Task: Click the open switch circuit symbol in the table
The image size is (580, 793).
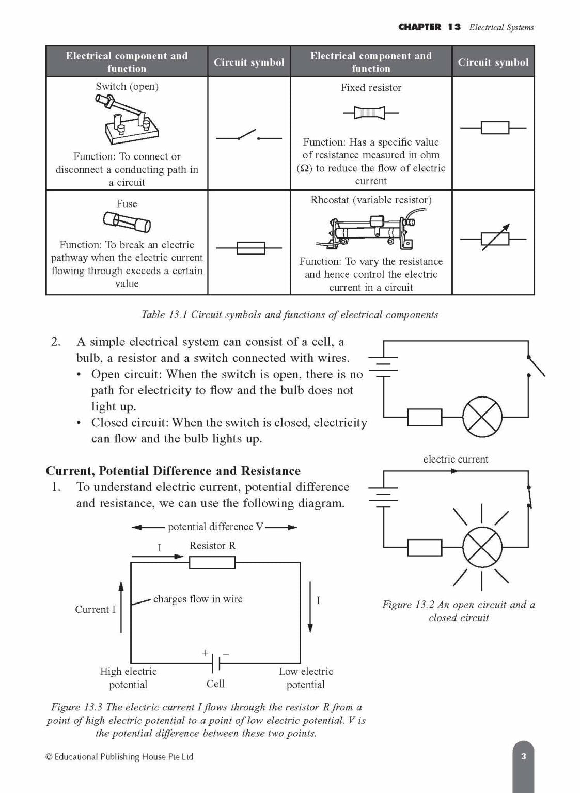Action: (248, 137)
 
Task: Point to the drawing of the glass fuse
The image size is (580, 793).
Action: (127, 223)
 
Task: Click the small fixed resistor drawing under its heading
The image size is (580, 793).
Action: (370, 112)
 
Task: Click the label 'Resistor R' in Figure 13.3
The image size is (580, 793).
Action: (212, 546)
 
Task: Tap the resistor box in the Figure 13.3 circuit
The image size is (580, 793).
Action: (212, 562)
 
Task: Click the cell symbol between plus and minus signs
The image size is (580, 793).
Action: (216, 662)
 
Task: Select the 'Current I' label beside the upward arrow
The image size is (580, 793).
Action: (95, 609)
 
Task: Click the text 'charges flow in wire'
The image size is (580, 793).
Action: (197, 599)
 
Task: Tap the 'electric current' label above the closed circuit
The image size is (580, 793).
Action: (455, 459)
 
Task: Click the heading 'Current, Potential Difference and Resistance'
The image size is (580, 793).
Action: (173, 471)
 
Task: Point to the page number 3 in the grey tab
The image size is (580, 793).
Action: (523, 757)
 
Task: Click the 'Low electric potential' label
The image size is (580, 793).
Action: (306, 678)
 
